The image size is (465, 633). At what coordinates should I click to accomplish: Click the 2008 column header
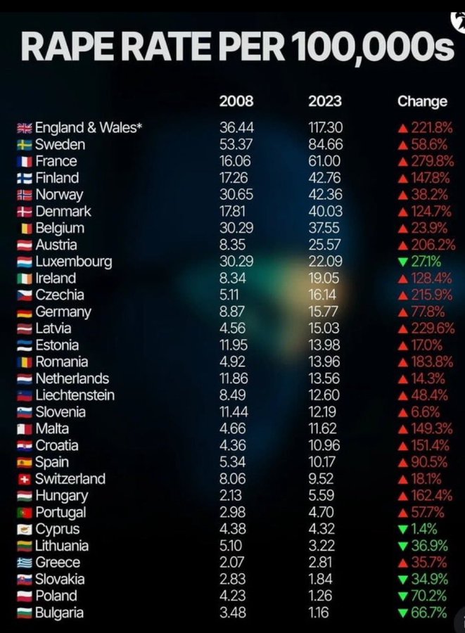[236, 101]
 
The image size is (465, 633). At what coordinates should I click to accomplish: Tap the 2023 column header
[324, 101]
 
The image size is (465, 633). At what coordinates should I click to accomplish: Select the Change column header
[422, 101]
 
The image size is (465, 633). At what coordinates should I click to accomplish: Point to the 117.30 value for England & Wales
[325, 128]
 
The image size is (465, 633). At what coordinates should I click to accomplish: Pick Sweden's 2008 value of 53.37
[236, 145]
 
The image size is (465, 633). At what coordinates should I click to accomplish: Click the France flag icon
[25, 162]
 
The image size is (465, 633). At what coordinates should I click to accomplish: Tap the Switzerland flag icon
[25, 479]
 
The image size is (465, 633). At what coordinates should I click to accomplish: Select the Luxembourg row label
[73, 262]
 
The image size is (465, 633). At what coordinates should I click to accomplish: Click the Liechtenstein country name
[75, 395]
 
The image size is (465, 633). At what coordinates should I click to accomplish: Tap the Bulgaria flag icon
[25, 613]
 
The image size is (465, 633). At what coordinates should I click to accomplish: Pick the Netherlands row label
[72, 378]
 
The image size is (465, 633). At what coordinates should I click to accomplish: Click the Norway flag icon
[25, 195]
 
